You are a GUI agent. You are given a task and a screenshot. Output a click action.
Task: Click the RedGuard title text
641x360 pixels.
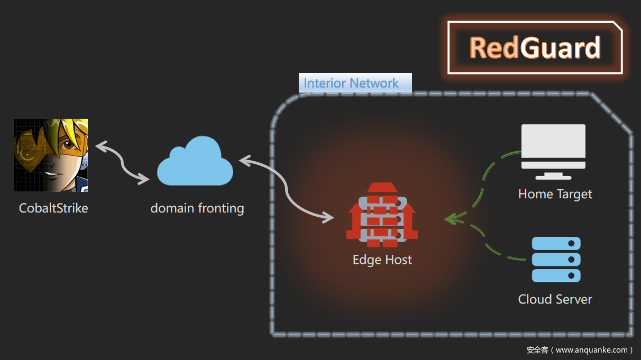(x=535, y=48)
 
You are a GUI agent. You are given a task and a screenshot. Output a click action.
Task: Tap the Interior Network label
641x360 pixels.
(x=351, y=83)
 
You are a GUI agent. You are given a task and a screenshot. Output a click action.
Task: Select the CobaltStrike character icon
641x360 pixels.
(x=51, y=155)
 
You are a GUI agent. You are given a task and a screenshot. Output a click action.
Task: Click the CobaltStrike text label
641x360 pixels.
(x=53, y=208)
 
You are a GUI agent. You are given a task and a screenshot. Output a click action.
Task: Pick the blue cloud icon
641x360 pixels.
(x=195, y=162)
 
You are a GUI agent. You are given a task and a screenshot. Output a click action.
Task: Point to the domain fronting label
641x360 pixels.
(x=197, y=208)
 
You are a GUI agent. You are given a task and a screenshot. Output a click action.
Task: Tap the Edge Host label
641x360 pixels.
(x=382, y=260)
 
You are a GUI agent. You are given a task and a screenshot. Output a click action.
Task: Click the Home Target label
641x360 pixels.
(x=555, y=194)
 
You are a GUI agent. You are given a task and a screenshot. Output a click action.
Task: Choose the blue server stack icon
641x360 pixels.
(x=556, y=260)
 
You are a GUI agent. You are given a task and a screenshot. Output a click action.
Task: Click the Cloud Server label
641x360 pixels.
(x=555, y=299)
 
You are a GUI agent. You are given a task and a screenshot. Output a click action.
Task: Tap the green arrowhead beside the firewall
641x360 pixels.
(x=451, y=218)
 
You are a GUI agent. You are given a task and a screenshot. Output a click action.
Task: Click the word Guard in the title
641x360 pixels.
(x=560, y=48)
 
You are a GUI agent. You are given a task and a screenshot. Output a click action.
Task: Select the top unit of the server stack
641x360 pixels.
(x=556, y=244)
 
